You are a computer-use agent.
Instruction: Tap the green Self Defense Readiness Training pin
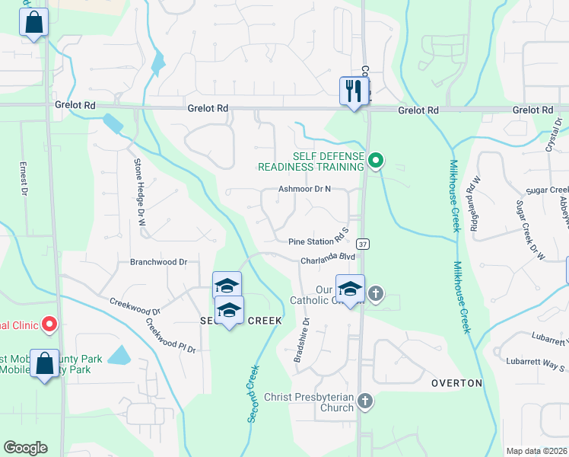[x=375, y=161]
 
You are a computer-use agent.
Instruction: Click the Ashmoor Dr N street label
[x=305, y=189]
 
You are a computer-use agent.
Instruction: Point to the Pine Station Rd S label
[x=318, y=241]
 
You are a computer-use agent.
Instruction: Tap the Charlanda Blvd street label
[x=328, y=258]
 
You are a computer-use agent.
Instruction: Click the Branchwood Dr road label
[x=159, y=261]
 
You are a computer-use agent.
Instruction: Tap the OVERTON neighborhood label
[x=456, y=382]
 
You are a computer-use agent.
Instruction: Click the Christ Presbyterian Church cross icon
[x=366, y=401]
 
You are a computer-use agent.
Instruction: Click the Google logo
[x=25, y=448]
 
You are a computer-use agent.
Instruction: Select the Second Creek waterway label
[x=251, y=393]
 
